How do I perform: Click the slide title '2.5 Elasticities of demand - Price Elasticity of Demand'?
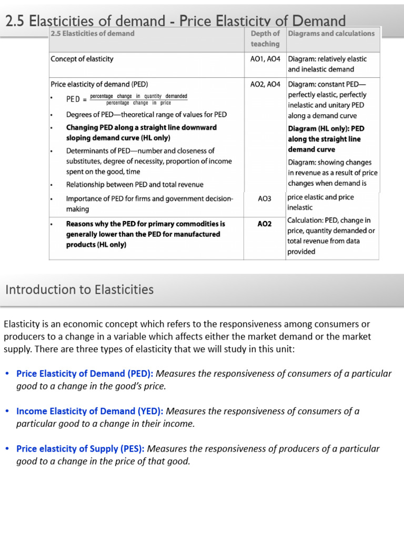tap(175, 21)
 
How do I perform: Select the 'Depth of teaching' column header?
tap(265, 38)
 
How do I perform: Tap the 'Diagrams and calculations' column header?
tap(331, 34)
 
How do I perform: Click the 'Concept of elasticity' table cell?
tap(82, 59)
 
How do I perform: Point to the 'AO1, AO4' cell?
tap(265, 59)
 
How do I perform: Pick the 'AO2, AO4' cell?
tap(265, 84)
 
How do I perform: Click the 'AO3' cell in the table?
tap(265, 199)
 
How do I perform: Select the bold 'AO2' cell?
tap(265, 224)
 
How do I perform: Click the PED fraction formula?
tap(138, 99)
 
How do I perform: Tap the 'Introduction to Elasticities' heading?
tap(79, 290)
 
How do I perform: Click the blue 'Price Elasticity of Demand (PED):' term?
tap(85, 374)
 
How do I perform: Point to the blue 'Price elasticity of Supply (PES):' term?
tap(80, 449)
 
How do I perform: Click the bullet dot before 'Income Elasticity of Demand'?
tap(7, 411)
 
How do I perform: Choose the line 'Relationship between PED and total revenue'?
tap(135, 185)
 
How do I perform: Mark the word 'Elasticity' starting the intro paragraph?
tap(22, 324)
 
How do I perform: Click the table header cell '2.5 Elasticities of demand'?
tap(93, 34)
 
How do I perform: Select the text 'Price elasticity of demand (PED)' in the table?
tap(99, 84)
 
